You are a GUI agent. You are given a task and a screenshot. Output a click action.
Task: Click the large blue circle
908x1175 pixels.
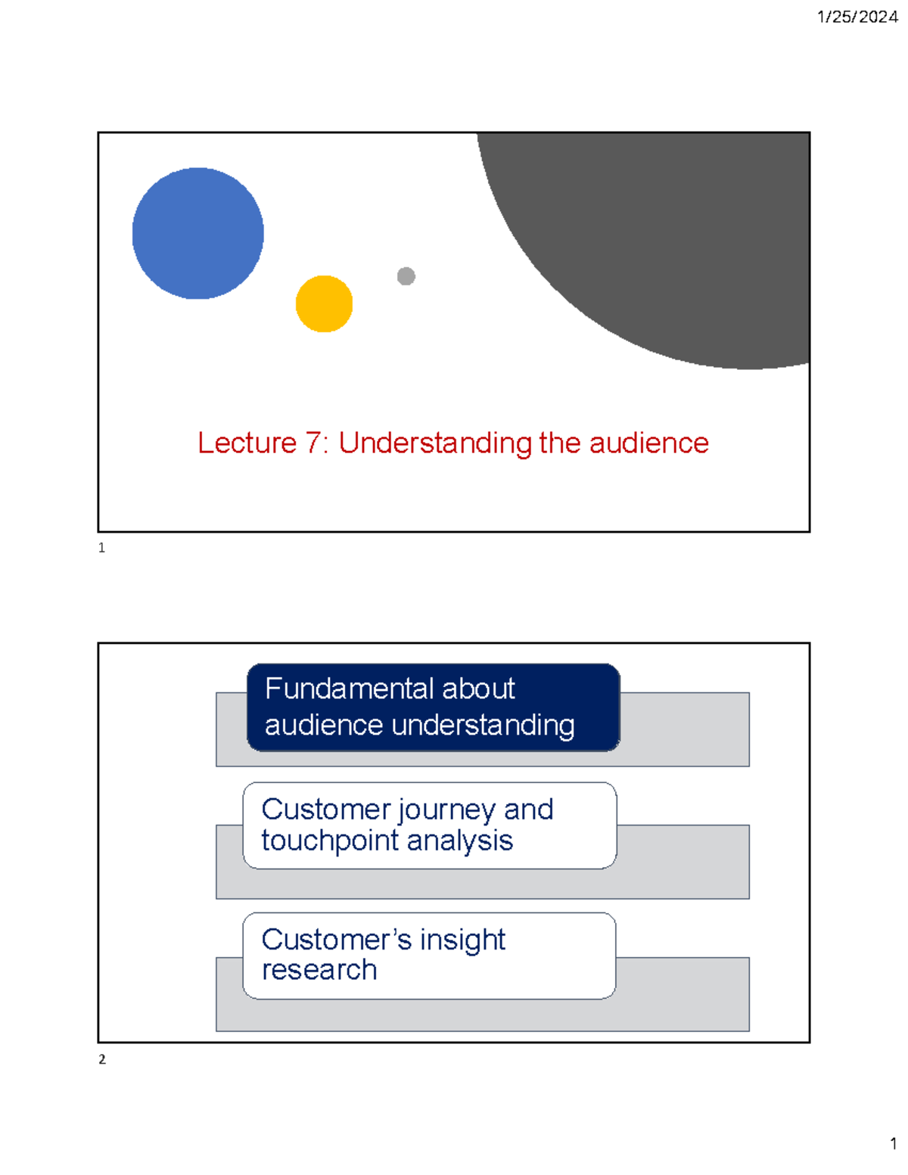pyautogui.click(x=197, y=233)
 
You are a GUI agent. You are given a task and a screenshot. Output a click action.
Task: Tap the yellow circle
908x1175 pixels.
pyautogui.click(x=324, y=303)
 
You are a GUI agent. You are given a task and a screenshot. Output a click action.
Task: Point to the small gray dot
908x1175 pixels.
pyautogui.click(x=406, y=276)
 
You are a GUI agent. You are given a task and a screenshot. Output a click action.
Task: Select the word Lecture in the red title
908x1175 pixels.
pyautogui.click(x=247, y=443)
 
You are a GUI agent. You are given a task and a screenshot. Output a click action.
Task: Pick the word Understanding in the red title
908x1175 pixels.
pyautogui.click(x=435, y=443)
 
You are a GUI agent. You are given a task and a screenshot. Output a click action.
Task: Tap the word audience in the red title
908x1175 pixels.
pyautogui.click(x=648, y=443)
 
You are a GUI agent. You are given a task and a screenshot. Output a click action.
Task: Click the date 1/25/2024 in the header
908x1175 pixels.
pyautogui.click(x=857, y=17)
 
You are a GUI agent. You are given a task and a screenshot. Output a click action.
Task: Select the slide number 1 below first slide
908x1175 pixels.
pyautogui.click(x=101, y=548)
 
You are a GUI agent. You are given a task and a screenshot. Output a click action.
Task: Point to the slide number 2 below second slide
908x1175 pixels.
pyautogui.click(x=101, y=1059)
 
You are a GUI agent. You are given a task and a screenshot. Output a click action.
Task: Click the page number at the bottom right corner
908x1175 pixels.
pyautogui.click(x=893, y=1143)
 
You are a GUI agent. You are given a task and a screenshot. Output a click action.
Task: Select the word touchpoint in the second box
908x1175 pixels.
pyautogui.click(x=318, y=841)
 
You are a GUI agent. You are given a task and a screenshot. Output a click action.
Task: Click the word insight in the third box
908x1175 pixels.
pyautogui.click(x=462, y=940)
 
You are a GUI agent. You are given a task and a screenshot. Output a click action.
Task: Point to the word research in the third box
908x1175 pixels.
pyautogui.click(x=319, y=970)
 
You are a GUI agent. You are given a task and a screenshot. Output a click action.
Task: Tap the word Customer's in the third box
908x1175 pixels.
pyautogui.click(x=336, y=940)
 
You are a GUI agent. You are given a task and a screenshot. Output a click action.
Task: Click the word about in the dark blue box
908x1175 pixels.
pyautogui.click(x=478, y=689)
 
